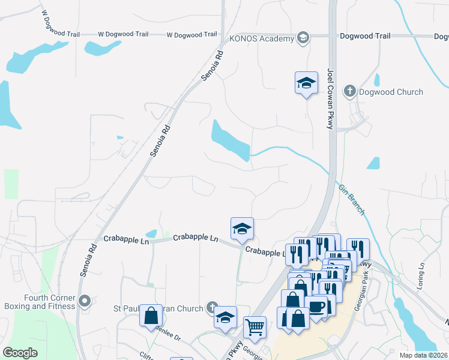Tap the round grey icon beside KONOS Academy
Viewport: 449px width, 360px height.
pyautogui.click(x=303, y=38)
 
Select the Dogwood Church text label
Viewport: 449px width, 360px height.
pyautogui.click(x=391, y=92)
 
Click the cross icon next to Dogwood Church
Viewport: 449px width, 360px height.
pyautogui.click(x=350, y=92)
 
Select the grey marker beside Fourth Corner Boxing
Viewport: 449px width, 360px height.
pyautogui.click(x=84, y=301)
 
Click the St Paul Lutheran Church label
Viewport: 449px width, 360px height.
pyautogui.click(x=158, y=309)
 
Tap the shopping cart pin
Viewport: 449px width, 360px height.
pyautogui.click(x=255, y=328)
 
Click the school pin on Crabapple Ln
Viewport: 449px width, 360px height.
pyautogui.click(x=242, y=229)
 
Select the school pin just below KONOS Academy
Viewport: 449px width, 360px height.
pyautogui.click(x=306, y=83)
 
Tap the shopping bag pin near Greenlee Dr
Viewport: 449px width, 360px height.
pyautogui.click(x=151, y=316)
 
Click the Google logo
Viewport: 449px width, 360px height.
pyautogui.click(x=20, y=353)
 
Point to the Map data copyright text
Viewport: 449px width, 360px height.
pyautogui.click(x=423, y=355)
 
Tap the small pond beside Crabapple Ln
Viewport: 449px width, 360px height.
pyautogui.click(x=152, y=233)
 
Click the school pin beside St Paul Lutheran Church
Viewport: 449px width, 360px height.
pyautogui.click(x=225, y=317)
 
